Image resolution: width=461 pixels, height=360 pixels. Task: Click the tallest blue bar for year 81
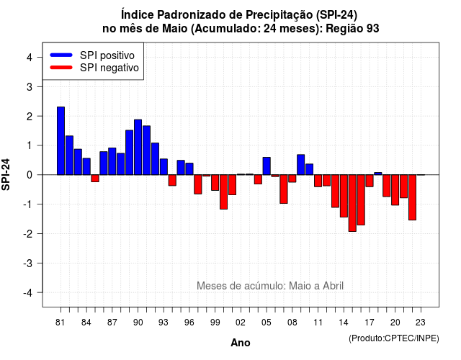pyautogui.click(x=61, y=141)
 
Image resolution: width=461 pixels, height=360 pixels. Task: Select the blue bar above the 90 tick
pyautogui.click(x=138, y=147)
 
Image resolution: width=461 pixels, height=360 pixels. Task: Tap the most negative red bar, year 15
pyautogui.click(x=352, y=203)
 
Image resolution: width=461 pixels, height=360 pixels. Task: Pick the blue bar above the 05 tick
pyautogui.click(x=267, y=166)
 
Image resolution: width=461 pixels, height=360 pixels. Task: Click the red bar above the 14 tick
pyautogui.click(x=344, y=196)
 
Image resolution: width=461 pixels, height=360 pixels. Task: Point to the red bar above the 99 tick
pyautogui.click(x=215, y=182)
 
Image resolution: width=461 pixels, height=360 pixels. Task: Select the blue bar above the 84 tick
pyautogui.click(x=86, y=166)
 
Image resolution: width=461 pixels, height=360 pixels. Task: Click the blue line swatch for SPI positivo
pyautogui.click(x=61, y=55)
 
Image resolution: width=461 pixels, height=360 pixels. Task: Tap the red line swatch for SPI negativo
pyautogui.click(x=61, y=67)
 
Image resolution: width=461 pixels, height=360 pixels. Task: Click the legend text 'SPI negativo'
pyautogui.click(x=109, y=68)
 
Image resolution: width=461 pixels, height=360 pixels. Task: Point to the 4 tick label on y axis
pyautogui.click(x=30, y=58)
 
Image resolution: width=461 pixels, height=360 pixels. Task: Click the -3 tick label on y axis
pyautogui.click(x=28, y=263)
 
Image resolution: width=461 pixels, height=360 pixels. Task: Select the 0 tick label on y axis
pyautogui.click(x=30, y=175)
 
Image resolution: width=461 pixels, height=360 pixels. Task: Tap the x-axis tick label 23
pyautogui.click(x=421, y=323)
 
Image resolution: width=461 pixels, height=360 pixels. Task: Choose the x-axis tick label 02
pyautogui.click(x=241, y=323)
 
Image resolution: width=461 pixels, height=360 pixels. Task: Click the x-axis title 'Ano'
pyautogui.click(x=241, y=343)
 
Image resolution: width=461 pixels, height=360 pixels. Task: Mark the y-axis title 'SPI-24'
pyautogui.click(x=6, y=174)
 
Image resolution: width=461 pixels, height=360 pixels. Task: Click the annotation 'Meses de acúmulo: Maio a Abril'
pyautogui.click(x=270, y=286)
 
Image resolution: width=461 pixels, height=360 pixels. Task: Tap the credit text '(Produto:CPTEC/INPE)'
pyautogui.click(x=394, y=338)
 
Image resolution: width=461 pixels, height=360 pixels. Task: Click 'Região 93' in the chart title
pyautogui.click(x=352, y=29)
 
